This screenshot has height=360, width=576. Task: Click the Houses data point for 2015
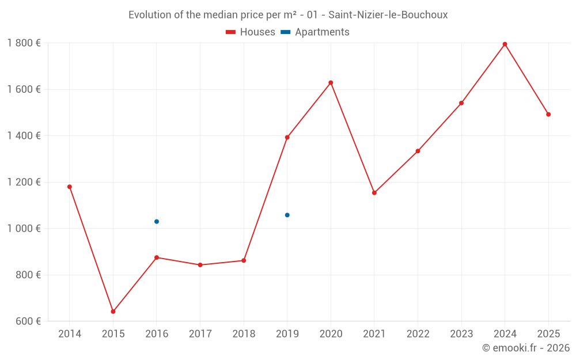113,312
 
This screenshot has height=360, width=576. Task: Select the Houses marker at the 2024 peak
505,44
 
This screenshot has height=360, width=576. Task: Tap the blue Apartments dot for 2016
157,222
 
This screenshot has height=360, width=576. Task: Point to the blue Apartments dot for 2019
287,215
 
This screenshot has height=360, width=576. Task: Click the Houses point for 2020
331,82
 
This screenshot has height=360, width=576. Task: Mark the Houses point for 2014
70,187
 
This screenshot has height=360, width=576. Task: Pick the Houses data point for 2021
374,193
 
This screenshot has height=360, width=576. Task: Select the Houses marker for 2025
548,115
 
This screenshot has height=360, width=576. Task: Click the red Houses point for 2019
287,137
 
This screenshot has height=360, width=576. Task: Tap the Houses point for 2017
200,265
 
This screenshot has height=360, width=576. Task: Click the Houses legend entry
251,32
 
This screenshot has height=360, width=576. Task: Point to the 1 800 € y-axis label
24,43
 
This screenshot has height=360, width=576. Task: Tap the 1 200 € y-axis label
24,182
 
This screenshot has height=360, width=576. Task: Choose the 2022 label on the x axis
418,334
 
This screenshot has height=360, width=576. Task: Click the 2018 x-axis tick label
244,334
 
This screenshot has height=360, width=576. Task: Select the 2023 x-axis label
461,334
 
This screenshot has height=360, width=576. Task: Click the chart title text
288,15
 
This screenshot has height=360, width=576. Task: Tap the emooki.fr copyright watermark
525,348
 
